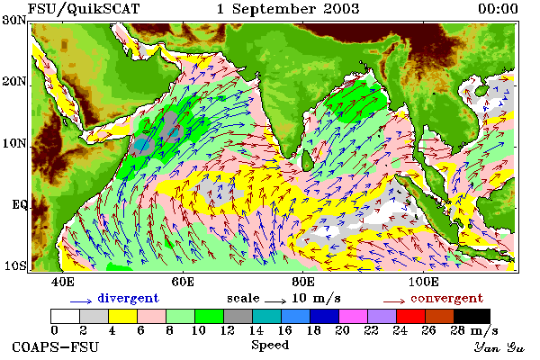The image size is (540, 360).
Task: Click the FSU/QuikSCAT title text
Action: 84,9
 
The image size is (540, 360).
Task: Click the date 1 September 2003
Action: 288,9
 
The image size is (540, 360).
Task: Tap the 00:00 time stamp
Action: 498,9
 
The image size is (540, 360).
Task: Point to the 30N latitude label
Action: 14,20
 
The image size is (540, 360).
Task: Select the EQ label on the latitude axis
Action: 20,205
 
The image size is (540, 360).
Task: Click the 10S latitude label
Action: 14,266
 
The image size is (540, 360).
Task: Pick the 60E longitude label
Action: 183,282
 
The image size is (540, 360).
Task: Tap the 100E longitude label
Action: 424,282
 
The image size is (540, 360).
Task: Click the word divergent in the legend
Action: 128,298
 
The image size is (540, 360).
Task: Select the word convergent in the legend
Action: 447,298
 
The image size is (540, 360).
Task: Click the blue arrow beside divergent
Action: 81,301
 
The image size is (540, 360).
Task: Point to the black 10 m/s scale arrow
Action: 275,301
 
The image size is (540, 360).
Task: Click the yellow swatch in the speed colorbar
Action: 123,316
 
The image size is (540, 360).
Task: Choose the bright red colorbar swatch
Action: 411,316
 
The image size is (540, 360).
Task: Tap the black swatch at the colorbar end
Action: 472,316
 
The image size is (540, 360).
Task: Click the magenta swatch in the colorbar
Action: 354,316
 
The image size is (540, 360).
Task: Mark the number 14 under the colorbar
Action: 256,330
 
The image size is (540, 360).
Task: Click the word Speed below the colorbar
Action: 270,346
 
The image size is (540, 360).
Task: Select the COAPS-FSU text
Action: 56,346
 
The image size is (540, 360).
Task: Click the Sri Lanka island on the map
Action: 307,160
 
